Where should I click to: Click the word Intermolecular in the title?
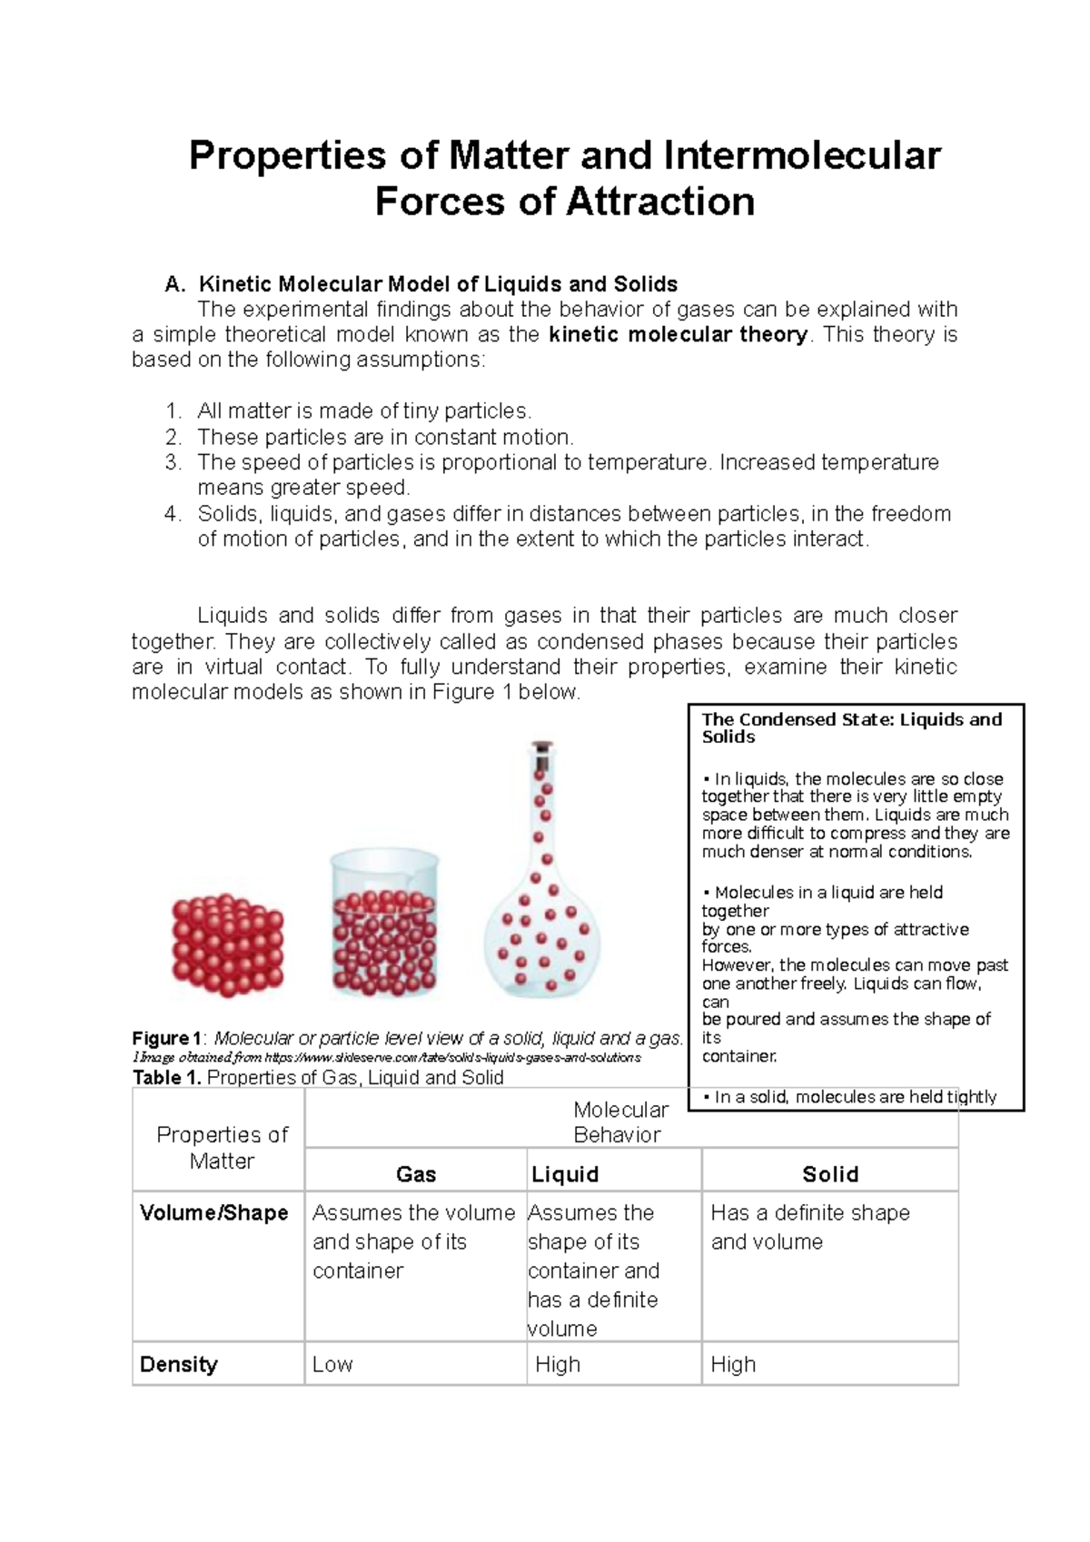[802, 155]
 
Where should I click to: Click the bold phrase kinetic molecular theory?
[678, 334]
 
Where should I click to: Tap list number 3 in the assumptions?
[173, 462]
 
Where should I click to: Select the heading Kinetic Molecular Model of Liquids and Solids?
[438, 283]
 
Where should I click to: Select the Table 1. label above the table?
[169, 1078]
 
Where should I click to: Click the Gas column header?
[416, 1174]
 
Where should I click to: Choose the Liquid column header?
[565, 1174]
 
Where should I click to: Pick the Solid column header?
[829, 1174]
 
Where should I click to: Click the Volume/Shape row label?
[214, 1213]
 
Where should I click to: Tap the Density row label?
[179, 1364]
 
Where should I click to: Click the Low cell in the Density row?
[332, 1364]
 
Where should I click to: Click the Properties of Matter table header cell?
[222, 1147]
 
